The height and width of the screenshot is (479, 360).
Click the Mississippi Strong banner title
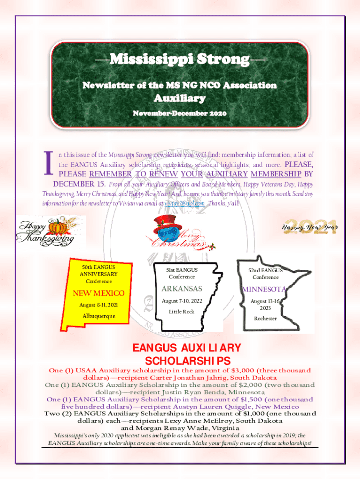click(180, 60)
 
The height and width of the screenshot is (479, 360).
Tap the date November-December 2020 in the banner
click(180, 114)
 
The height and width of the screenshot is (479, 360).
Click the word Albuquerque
click(98, 317)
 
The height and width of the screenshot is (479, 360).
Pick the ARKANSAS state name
click(182, 288)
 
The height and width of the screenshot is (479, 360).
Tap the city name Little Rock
click(181, 312)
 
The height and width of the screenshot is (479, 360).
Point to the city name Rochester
click(265, 319)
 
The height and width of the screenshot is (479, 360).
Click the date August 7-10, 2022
click(182, 300)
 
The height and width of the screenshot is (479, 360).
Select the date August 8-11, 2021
click(98, 305)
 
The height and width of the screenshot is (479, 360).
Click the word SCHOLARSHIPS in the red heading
click(188, 361)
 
